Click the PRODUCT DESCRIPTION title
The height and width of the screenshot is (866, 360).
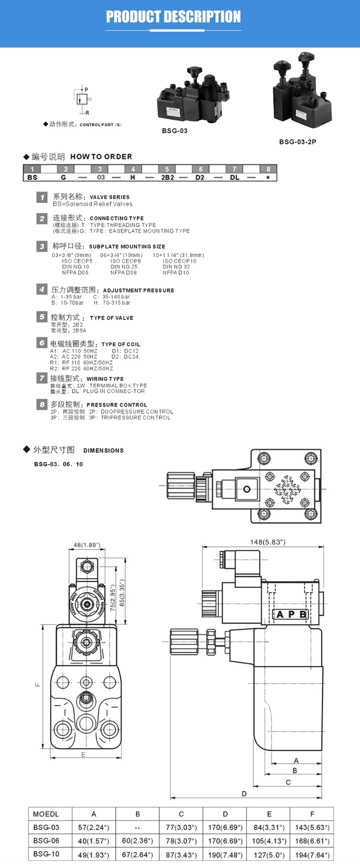pos(173,17)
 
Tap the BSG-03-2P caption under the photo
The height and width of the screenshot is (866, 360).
pos(298,142)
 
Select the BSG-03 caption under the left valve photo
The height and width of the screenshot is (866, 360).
pos(175,131)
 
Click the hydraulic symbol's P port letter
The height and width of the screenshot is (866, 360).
pos(86,90)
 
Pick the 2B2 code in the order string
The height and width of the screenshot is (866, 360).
pos(168,177)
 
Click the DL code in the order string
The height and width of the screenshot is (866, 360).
pos(234,177)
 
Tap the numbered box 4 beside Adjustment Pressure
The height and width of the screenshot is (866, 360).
pos(42,289)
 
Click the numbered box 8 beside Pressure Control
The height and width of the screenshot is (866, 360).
pos(42,404)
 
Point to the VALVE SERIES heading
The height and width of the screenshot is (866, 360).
pos(109,197)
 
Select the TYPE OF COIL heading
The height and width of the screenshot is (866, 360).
pos(121,344)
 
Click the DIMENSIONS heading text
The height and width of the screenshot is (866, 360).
pos(103,450)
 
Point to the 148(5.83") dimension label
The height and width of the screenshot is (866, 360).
pos(267,542)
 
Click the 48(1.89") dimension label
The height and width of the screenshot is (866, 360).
pos(87,545)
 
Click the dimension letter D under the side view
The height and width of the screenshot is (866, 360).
pos(244,794)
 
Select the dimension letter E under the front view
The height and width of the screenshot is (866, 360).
pos(84,755)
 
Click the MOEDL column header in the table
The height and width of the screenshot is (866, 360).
pos(46,814)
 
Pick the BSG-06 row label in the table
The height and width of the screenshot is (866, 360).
pos(47,841)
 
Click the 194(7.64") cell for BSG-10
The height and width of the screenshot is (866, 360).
pos(312,855)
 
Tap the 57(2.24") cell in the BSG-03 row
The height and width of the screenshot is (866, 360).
pos(94,828)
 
